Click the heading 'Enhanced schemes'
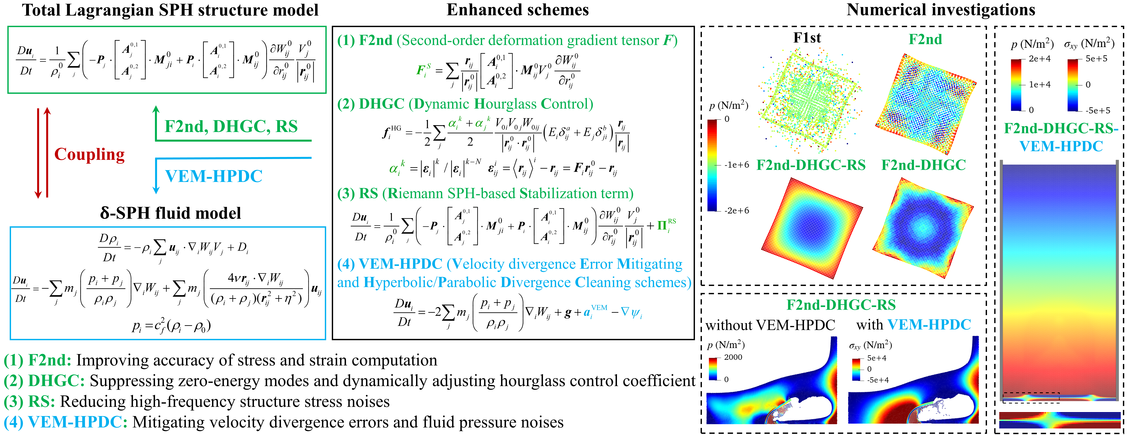coord(518,10)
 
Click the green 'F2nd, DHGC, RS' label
coord(231,126)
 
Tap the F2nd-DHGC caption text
coord(923,165)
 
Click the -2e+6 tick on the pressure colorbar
coord(737,211)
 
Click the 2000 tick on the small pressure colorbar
coord(733,357)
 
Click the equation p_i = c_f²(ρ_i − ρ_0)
coord(171,326)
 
